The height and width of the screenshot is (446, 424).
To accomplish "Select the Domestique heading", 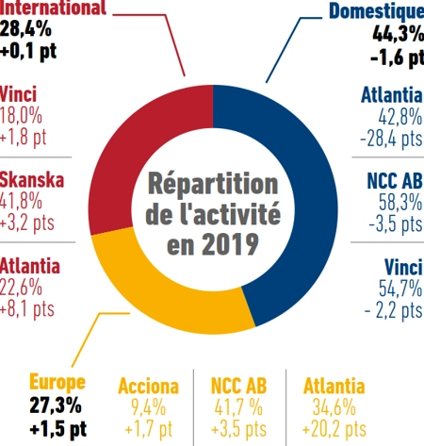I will (374, 11).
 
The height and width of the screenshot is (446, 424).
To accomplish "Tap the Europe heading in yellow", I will (57, 383).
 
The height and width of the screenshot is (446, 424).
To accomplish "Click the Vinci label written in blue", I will (401, 264).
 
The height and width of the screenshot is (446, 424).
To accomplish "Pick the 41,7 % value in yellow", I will (238, 407).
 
